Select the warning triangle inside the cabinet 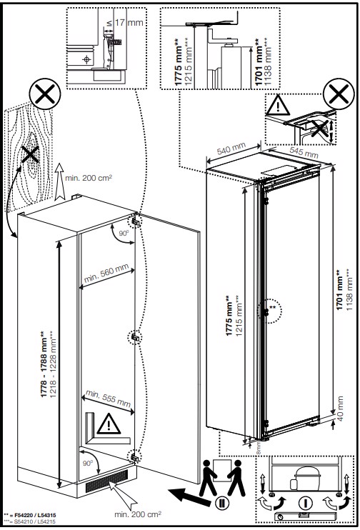point(106,426)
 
